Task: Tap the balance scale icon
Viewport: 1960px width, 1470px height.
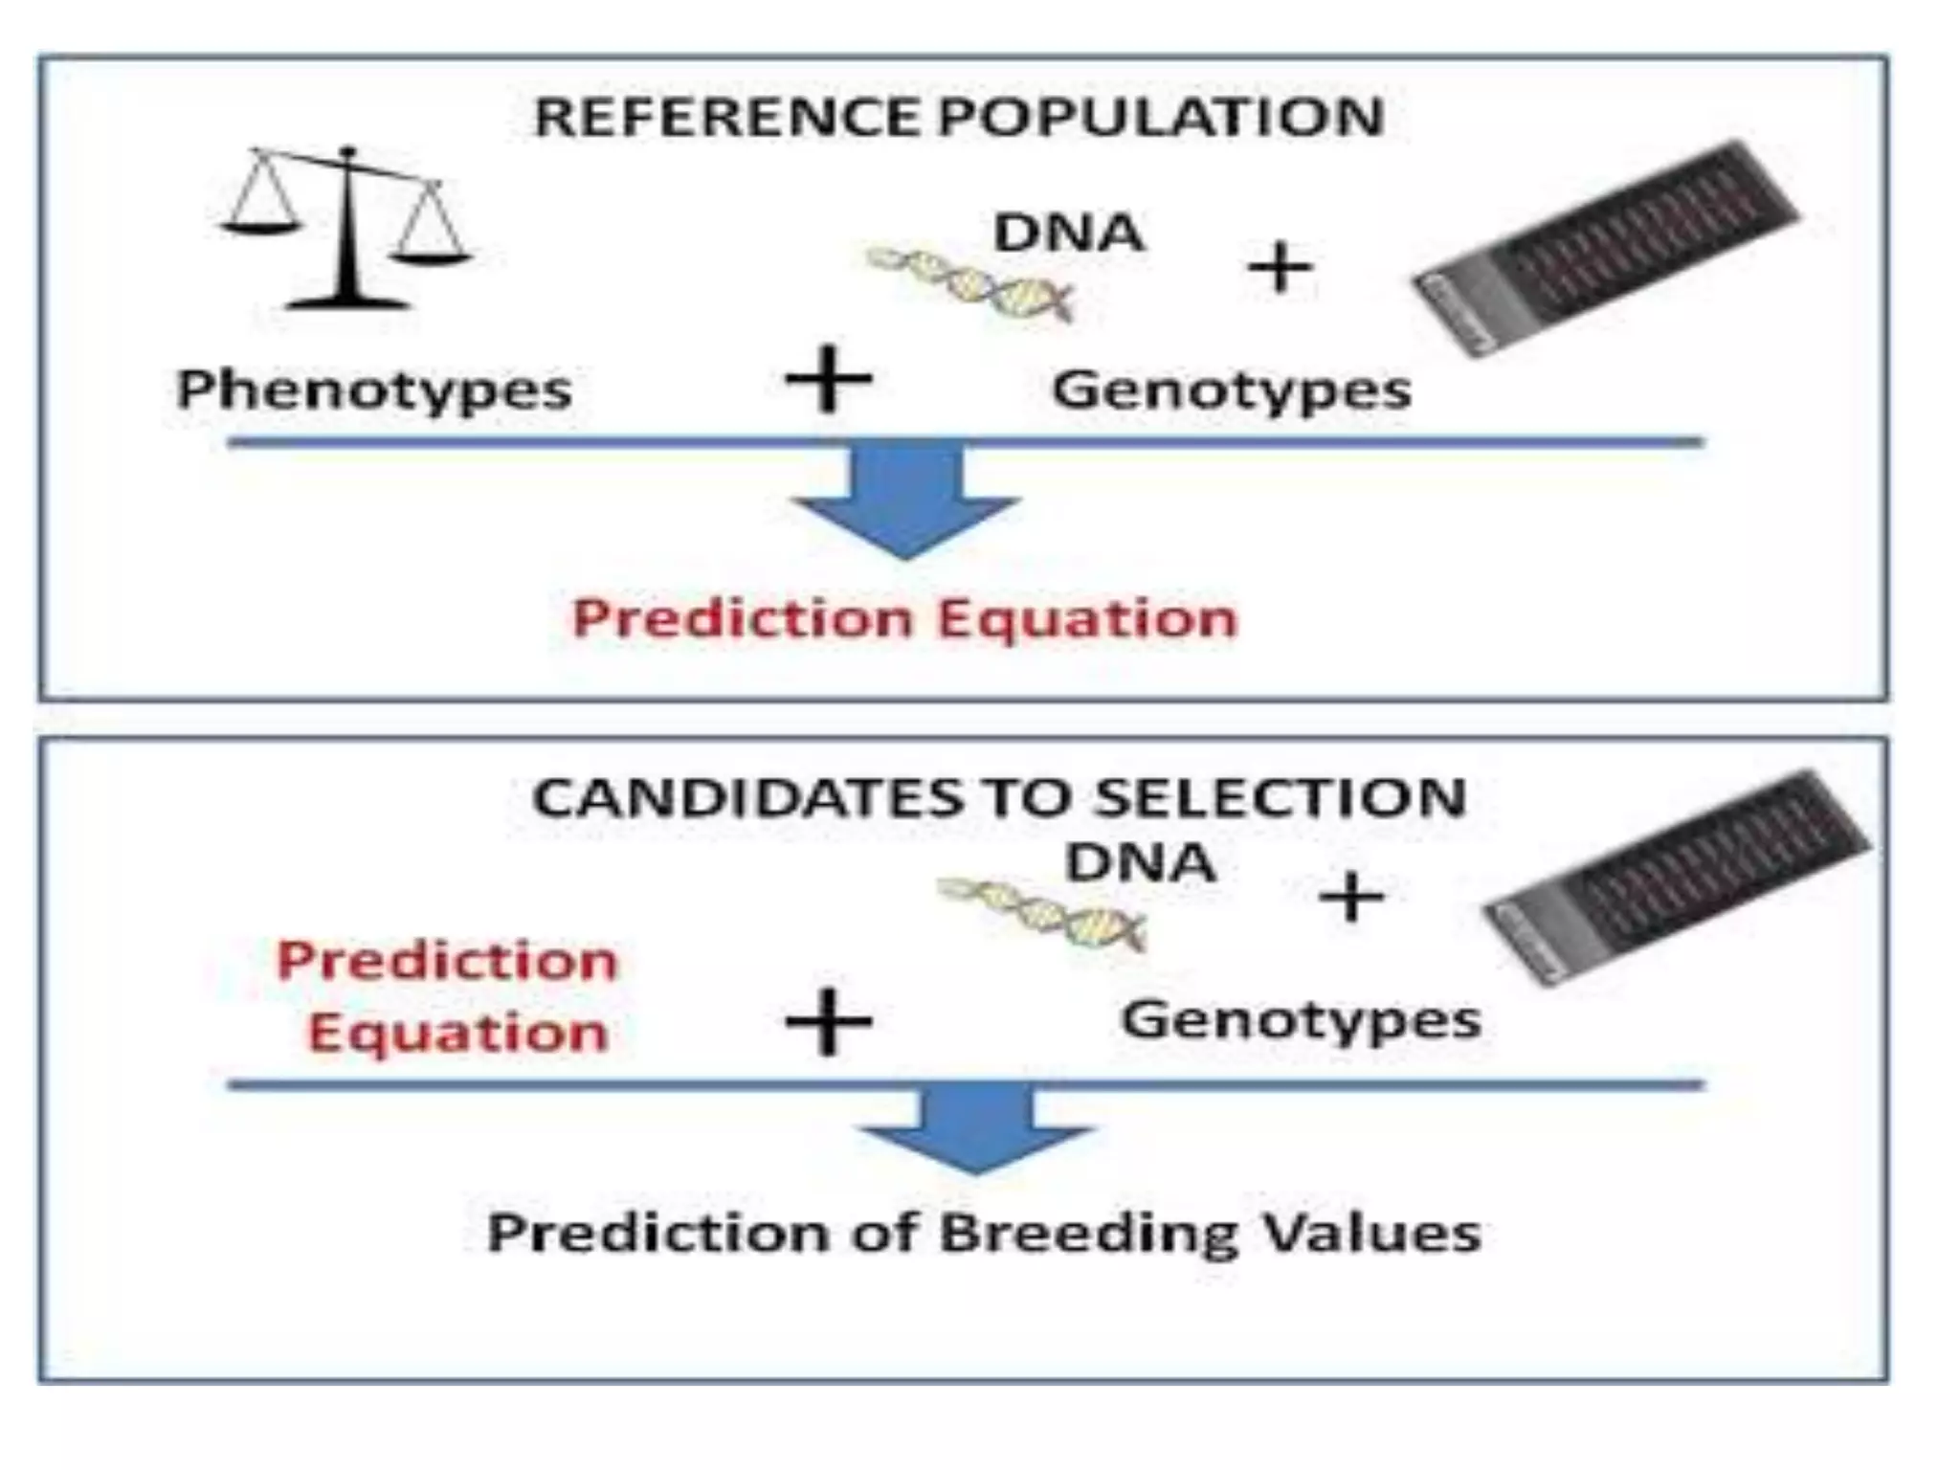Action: pyautogui.click(x=346, y=230)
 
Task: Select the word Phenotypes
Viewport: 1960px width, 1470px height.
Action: pyautogui.click(x=374, y=390)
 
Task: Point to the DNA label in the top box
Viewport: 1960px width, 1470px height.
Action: pyautogui.click(x=1068, y=233)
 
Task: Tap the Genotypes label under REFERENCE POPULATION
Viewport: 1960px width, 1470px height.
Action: pyautogui.click(x=1232, y=390)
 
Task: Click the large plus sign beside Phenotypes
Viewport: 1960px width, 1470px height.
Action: pyautogui.click(x=828, y=379)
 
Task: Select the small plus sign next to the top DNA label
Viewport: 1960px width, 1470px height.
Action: pyautogui.click(x=1280, y=267)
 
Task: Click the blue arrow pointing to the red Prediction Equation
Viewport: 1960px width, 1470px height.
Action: pyautogui.click(x=905, y=502)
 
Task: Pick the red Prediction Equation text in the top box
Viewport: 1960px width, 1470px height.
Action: pyautogui.click(x=904, y=618)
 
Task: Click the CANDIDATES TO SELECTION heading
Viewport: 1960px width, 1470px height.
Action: pyautogui.click(x=999, y=797)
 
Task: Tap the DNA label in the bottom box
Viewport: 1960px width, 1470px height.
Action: pyautogui.click(x=1140, y=862)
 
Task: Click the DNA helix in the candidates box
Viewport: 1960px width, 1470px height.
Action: pyautogui.click(x=1041, y=914)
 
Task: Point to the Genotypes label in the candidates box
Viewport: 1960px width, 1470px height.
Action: pyautogui.click(x=1301, y=1019)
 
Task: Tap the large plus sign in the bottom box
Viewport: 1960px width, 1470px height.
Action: pyautogui.click(x=828, y=1021)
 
